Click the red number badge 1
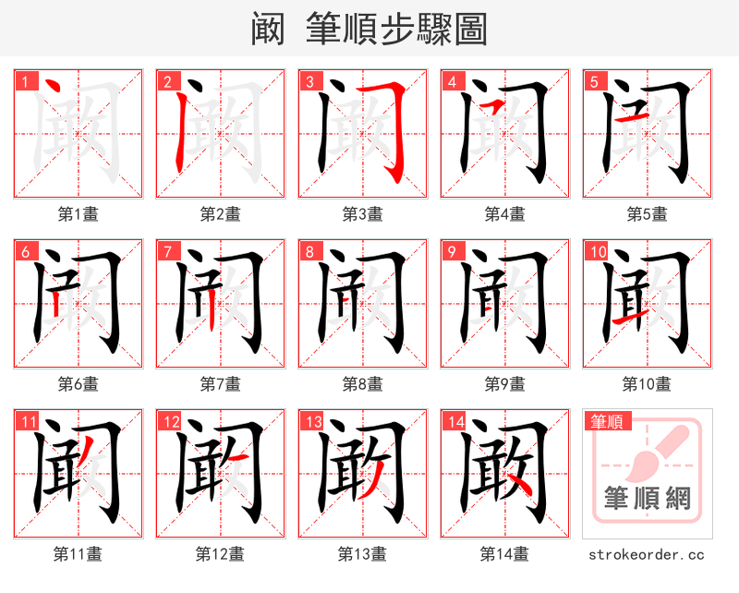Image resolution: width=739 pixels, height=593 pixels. point(25,81)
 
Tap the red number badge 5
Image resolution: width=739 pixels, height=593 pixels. point(594,81)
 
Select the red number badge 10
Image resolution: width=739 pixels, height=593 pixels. point(597,251)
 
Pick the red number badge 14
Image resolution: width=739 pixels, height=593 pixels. point(454,422)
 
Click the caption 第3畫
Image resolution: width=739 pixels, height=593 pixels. point(362,213)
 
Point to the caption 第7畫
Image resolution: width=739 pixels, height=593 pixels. point(220,383)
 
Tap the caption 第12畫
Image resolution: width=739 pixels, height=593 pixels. point(220,553)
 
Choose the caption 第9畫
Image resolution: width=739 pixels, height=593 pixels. point(504,383)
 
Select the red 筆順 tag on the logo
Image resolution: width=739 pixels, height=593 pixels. point(606,422)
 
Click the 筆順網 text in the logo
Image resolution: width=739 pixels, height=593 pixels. point(647,500)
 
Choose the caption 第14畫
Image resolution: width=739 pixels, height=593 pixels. point(504,553)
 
